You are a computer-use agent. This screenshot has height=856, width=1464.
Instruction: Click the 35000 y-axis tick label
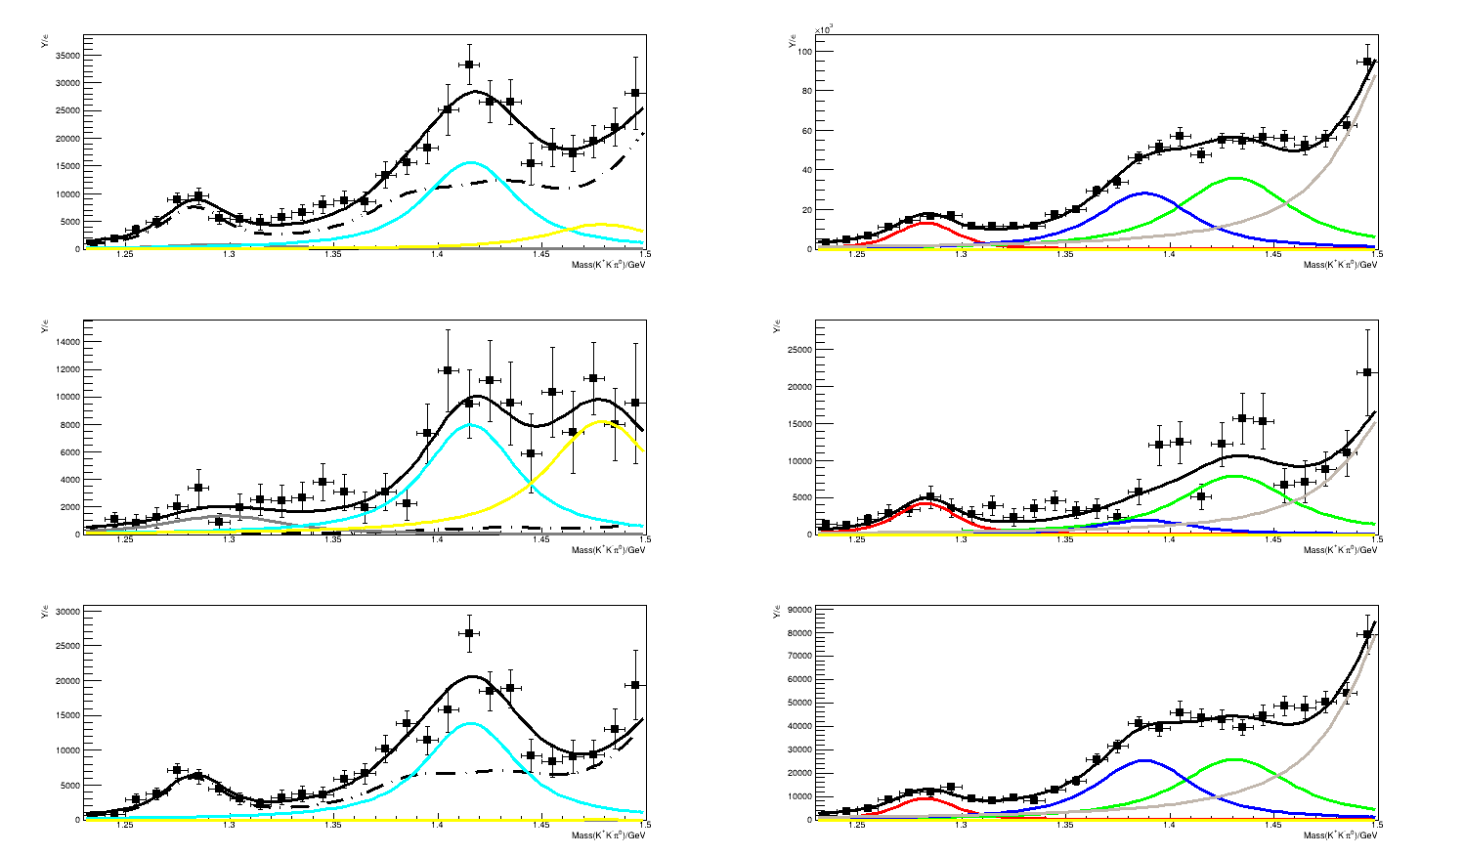pos(65,56)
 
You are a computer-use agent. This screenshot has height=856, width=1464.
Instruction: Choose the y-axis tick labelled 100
pos(803,51)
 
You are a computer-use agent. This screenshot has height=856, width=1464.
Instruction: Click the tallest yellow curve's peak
pos(605,421)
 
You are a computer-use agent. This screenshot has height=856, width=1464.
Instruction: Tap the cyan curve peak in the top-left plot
pos(471,162)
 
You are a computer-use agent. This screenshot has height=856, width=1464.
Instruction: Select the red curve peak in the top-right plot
pos(924,223)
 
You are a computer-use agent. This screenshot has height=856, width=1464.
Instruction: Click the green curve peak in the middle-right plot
pos(1234,476)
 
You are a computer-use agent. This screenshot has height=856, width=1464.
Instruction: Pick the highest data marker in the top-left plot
pos(469,64)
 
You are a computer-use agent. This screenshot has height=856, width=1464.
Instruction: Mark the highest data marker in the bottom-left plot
pos(469,633)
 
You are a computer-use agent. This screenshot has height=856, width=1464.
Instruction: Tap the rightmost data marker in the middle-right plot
pos(1367,372)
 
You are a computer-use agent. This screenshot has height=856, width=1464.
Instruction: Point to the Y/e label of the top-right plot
pos(793,43)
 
